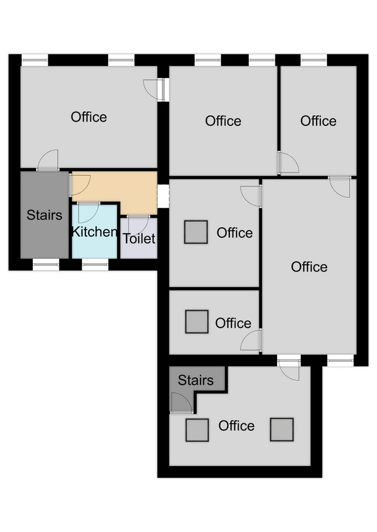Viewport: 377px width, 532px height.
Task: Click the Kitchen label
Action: [94, 232]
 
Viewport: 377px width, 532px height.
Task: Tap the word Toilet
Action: [139, 238]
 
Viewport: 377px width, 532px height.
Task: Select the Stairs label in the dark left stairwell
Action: [44, 215]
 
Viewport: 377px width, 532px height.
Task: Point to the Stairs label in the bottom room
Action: [195, 380]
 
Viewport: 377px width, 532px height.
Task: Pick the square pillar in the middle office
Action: [196, 232]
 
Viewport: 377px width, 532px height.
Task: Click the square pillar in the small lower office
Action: [197, 321]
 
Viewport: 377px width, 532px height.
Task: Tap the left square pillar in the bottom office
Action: [197, 430]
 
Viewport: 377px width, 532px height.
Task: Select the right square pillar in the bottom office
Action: [282, 429]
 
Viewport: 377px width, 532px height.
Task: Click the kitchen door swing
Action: [88, 212]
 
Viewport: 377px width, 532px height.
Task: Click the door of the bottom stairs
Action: [182, 403]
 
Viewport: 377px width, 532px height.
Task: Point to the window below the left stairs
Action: [46, 265]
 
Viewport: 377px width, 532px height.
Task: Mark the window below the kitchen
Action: [95, 265]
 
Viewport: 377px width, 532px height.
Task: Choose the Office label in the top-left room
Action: [89, 117]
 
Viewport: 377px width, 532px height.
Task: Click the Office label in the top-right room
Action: [319, 121]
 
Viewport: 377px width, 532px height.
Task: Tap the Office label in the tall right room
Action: [309, 267]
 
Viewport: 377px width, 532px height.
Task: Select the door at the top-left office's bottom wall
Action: [48, 161]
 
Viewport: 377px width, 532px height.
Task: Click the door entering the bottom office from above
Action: [289, 369]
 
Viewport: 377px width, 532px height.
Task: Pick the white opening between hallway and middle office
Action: [163, 196]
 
